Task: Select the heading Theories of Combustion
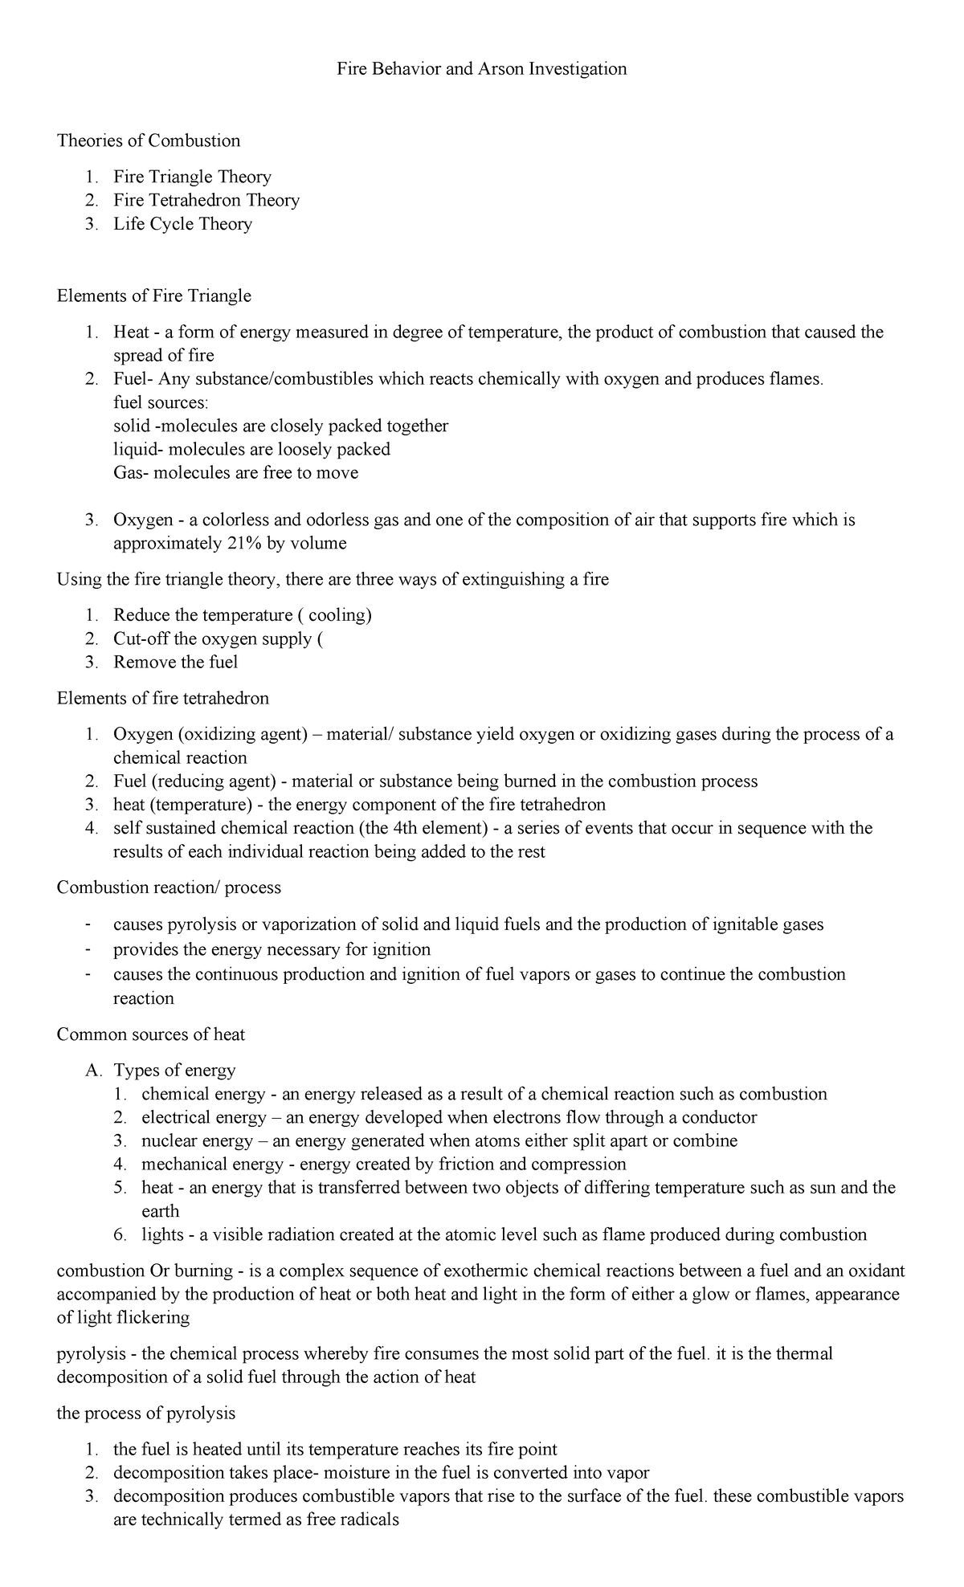pos(149,141)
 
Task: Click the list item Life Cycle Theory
pos(182,224)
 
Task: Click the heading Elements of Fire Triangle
pos(153,296)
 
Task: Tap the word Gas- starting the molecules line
pos(131,473)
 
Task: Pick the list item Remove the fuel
pos(175,663)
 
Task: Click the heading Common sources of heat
pos(150,1035)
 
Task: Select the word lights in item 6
pos(162,1235)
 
